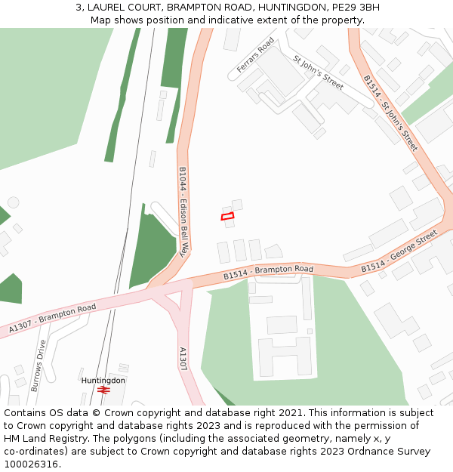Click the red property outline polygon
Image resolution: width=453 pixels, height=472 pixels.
pyautogui.click(x=227, y=217)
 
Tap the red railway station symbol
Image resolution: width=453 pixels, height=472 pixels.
pyautogui.click(x=103, y=390)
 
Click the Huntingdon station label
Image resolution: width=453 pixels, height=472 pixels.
pyautogui.click(x=103, y=381)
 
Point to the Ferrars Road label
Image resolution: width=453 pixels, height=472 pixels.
pyautogui.click(x=255, y=56)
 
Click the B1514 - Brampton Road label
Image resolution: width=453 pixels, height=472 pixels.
pyautogui.click(x=268, y=273)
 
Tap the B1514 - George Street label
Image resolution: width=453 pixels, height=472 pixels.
pyautogui.click(x=399, y=252)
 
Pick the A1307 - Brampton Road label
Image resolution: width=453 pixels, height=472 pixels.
pyautogui.click(x=53, y=319)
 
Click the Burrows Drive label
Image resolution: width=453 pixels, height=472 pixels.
pyautogui.click(x=38, y=365)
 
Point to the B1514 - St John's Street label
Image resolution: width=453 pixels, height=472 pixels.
pyautogui.click(x=390, y=113)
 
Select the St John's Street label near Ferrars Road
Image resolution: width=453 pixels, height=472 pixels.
pyautogui.click(x=318, y=72)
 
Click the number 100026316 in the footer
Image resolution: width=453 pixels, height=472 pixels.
pyautogui.click(x=31, y=464)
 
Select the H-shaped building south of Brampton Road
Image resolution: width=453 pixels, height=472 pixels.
pyautogui.click(x=285, y=356)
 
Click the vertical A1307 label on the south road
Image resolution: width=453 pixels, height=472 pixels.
pyautogui.click(x=182, y=358)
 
